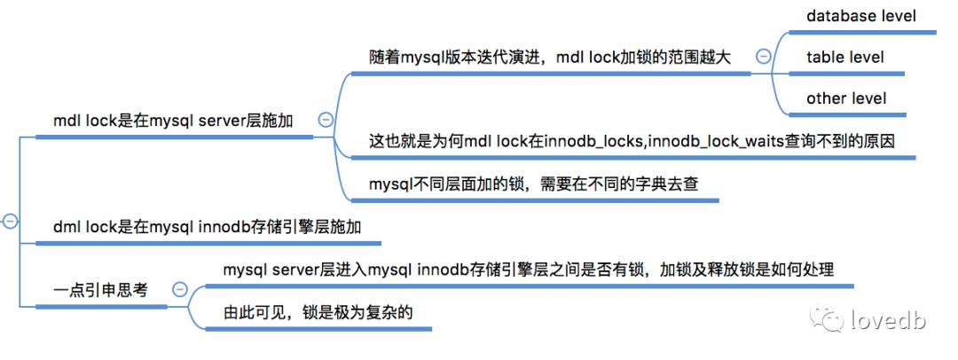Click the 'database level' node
(860, 16)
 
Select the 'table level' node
(844, 58)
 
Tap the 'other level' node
(845, 98)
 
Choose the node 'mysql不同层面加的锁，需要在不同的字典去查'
(538, 186)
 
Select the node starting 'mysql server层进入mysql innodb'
(528, 270)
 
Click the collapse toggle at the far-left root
(10, 222)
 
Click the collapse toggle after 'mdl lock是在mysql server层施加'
(325, 120)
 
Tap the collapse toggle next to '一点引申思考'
(180, 289)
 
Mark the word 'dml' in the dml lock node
(67, 228)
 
